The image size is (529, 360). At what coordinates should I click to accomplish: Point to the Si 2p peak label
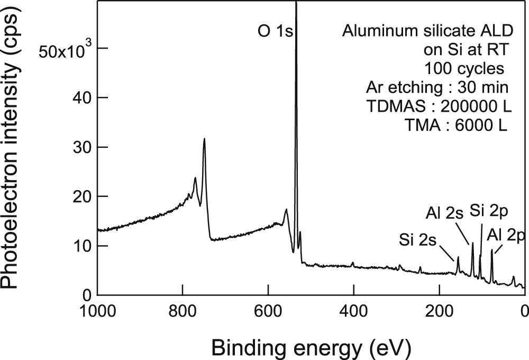(x=488, y=212)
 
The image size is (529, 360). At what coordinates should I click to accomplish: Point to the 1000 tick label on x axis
(x=97, y=311)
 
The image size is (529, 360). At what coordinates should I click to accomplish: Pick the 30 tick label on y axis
(x=80, y=147)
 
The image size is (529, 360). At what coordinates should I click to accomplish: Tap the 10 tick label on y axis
(x=80, y=246)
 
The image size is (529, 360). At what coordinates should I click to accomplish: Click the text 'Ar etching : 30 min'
(x=437, y=87)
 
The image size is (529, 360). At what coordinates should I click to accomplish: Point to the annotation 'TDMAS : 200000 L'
(x=439, y=106)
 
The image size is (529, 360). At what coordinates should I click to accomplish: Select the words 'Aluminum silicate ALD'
(x=427, y=31)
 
